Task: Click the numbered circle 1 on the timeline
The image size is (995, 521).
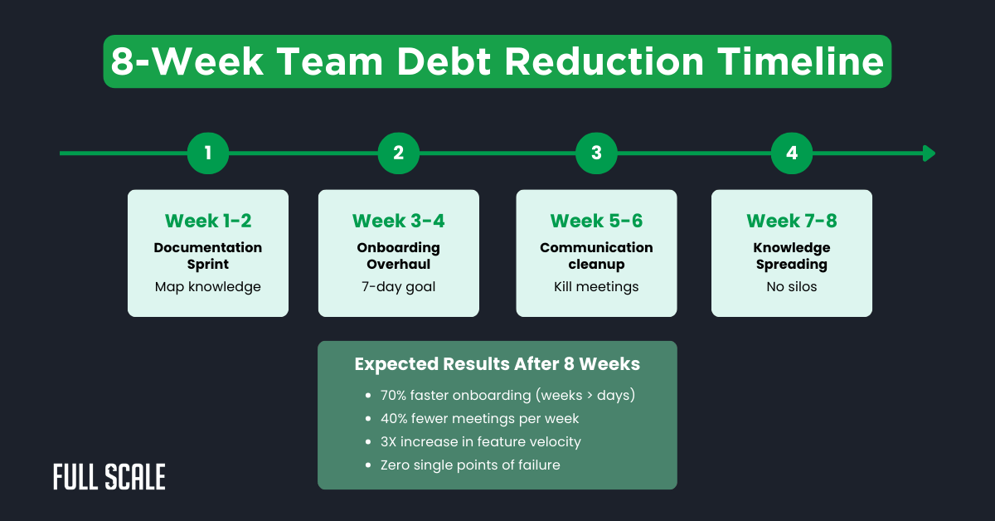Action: pyautogui.click(x=208, y=153)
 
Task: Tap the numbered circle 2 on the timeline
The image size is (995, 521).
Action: pyautogui.click(x=399, y=153)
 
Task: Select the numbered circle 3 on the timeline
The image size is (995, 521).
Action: pyautogui.click(x=596, y=153)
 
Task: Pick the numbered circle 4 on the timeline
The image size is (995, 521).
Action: pyautogui.click(x=792, y=153)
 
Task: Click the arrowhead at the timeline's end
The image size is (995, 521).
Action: pyautogui.click(x=929, y=153)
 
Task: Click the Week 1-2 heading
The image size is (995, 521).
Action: pyautogui.click(x=208, y=221)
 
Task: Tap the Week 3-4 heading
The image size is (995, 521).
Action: pyautogui.click(x=399, y=221)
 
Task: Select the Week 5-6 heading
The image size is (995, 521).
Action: pyautogui.click(x=596, y=221)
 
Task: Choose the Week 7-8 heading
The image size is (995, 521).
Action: pyautogui.click(x=792, y=221)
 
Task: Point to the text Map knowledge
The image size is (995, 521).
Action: pyautogui.click(x=208, y=287)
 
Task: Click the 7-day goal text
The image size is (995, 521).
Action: pyautogui.click(x=399, y=287)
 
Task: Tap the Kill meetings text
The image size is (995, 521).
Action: pyautogui.click(x=596, y=287)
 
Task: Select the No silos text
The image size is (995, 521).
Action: pyautogui.click(x=792, y=287)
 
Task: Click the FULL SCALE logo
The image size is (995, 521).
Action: pyautogui.click(x=109, y=477)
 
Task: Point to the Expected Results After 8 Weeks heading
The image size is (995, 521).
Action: pyautogui.click(x=498, y=365)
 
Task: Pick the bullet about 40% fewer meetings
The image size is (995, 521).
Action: pyautogui.click(x=480, y=419)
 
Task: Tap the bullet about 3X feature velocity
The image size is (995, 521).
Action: pyautogui.click(x=481, y=442)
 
